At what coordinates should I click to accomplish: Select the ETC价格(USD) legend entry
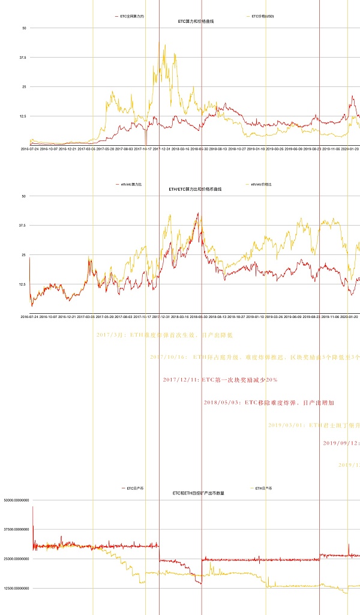click(x=262, y=16)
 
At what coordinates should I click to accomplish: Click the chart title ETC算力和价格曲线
click(x=196, y=22)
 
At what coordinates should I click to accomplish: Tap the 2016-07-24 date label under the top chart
click(x=30, y=148)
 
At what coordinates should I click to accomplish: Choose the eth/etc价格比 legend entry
click(x=262, y=184)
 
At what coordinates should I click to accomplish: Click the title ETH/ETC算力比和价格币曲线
click(x=196, y=190)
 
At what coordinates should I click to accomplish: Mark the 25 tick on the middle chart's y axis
click(x=23, y=255)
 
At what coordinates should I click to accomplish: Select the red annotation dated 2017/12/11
click(x=220, y=380)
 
